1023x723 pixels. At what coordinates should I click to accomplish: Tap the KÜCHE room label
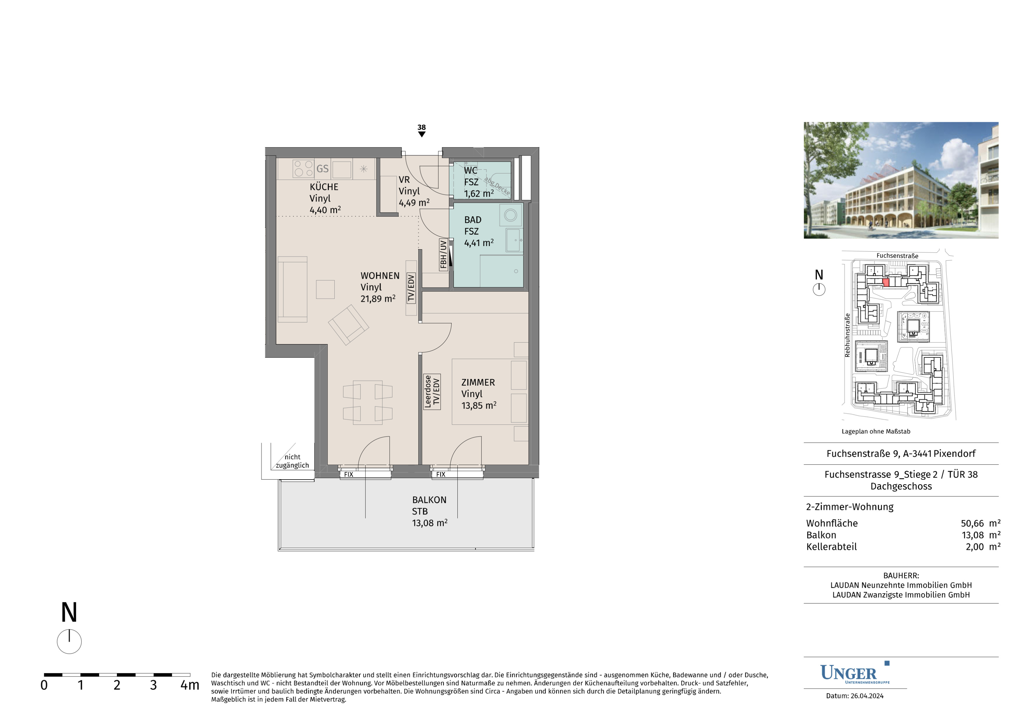324,187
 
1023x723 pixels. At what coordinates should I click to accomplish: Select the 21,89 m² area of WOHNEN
378,298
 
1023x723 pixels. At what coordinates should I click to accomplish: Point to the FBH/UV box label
443,254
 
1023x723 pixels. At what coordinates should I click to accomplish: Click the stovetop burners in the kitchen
303,168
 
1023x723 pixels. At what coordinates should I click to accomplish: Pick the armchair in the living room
348,324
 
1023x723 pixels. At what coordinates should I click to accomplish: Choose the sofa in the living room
292,289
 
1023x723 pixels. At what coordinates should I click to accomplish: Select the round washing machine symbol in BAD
511,215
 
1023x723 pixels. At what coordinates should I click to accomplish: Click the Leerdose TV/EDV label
432,392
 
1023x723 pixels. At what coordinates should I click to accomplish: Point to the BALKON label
429,500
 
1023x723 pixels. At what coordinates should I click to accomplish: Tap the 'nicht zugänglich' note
292,461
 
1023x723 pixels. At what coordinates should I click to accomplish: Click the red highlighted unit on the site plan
886,282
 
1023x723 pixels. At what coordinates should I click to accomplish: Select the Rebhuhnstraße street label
847,335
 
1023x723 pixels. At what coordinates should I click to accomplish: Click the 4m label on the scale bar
190,685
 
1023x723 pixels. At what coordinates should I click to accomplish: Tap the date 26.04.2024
867,696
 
